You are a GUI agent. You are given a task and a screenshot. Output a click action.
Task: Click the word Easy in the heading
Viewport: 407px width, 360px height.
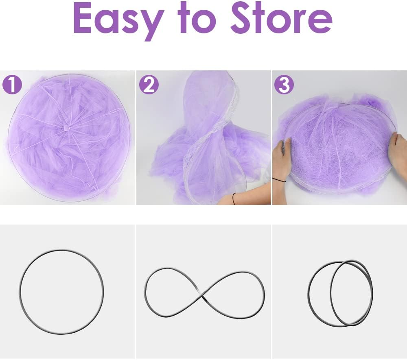click(x=118, y=20)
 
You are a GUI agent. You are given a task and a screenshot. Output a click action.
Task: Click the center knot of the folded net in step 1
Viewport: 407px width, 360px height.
click(x=66, y=129)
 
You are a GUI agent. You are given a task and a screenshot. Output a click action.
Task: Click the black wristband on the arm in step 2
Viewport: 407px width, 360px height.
click(x=234, y=199)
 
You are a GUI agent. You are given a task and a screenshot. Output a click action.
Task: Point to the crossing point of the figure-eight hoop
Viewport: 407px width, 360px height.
click(x=203, y=296)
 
